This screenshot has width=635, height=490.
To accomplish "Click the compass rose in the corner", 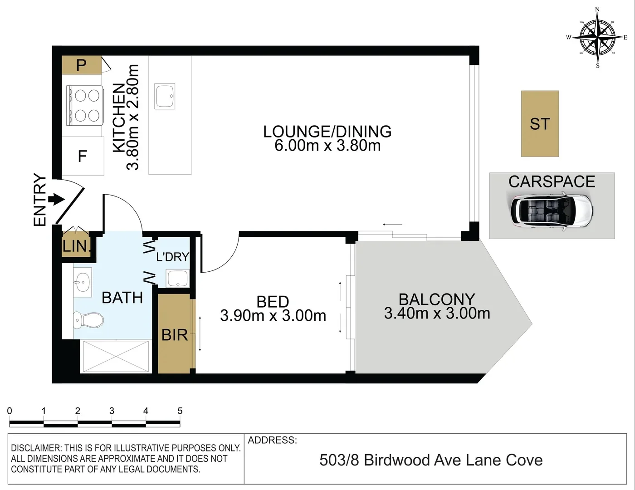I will pos(597,37).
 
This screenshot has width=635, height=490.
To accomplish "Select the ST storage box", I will pos(540,124).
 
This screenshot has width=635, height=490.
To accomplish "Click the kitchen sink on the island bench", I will pos(165,96).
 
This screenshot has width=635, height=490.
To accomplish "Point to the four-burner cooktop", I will pos(86,105).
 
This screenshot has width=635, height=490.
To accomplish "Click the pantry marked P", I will pos(82,65).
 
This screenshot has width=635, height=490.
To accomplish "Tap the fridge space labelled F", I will pos(83,157).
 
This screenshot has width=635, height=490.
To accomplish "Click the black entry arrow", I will pos(56,199).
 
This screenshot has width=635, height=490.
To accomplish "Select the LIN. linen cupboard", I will pos(76,246).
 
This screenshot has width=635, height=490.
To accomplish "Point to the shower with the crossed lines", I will pos(116,357).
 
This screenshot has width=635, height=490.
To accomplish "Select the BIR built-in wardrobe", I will pos(175,335).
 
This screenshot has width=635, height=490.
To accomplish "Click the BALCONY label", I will pos(436,299).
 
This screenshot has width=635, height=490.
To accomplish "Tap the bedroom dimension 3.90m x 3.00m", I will pos(273,315).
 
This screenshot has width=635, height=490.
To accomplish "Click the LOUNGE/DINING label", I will pos(327,132).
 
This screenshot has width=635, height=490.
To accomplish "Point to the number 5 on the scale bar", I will pos(180,411).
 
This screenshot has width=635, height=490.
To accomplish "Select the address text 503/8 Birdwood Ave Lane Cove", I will pos(431,460).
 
